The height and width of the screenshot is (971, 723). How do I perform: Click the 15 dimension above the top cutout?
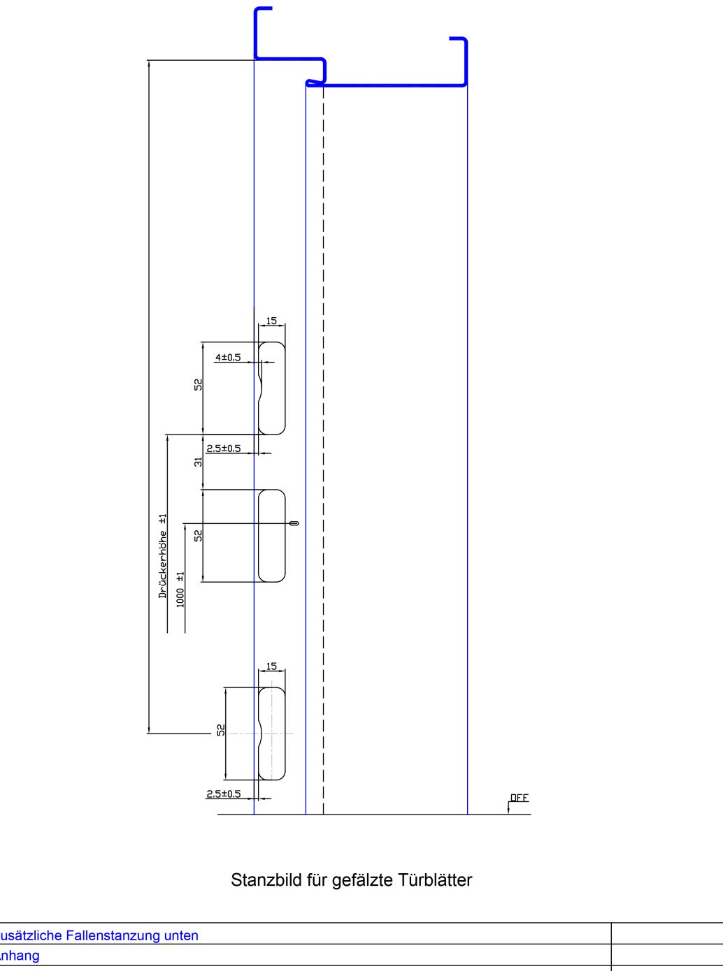tap(271, 321)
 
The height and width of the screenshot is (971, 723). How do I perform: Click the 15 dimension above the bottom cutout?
tap(271, 666)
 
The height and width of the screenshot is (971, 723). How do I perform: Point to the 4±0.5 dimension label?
tap(227, 358)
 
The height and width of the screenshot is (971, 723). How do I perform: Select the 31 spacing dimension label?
tap(199, 462)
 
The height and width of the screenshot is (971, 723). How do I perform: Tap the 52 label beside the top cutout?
tap(199, 384)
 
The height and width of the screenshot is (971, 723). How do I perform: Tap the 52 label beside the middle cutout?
tap(199, 535)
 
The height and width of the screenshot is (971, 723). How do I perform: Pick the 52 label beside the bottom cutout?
tap(221, 729)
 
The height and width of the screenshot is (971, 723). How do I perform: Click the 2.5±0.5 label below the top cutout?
tap(223, 448)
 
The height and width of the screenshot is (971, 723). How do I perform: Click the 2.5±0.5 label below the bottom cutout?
tap(223, 794)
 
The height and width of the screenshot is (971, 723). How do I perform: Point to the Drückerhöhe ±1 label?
tap(163, 556)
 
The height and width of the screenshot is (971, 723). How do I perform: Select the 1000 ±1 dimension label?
tap(180, 590)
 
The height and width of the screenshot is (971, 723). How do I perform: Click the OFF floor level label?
tap(520, 797)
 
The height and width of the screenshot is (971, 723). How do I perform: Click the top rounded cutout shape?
tap(272, 388)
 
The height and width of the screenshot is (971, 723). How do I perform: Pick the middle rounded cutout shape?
tap(272, 536)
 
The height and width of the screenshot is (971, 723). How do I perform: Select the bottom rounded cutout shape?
tap(272, 733)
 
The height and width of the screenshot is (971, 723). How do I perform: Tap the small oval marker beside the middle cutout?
tap(294, 523)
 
